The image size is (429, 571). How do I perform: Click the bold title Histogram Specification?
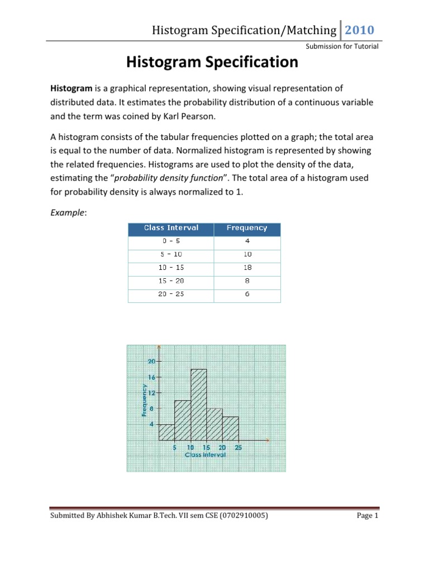(212, 62)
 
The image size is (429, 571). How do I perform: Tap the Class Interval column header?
(171, 228)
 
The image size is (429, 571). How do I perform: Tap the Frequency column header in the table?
(247, 228)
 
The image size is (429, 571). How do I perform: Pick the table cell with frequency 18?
(247, 267)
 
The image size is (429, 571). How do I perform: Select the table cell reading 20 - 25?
(171, 294)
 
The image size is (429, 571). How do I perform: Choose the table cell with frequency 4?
(247, 241)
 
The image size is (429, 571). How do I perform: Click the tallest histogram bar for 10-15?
(199, 404)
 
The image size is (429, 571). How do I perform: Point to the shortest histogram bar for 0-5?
(166, 432)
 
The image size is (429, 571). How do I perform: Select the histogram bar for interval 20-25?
(231, 428)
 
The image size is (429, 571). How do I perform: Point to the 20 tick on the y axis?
(151, 361)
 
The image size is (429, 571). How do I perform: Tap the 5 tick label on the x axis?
(174, 447)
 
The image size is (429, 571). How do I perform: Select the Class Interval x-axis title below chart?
(205, 454)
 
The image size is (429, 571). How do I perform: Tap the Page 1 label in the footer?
(368, 516)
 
